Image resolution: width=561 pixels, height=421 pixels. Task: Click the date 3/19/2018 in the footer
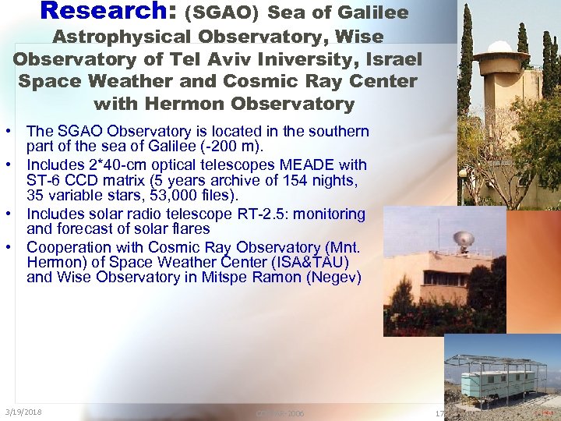coord(23,412)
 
